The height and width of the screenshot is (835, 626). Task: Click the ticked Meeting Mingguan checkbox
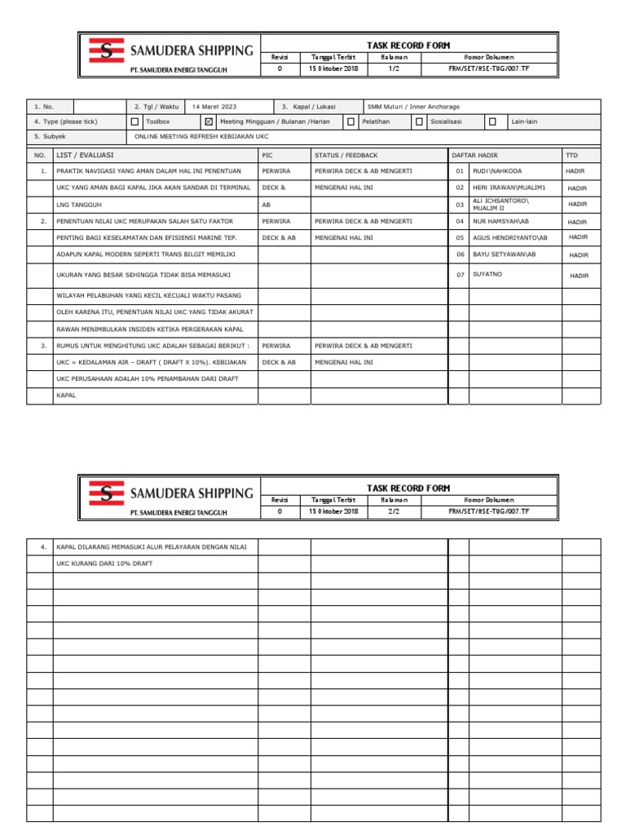tap(209, 121)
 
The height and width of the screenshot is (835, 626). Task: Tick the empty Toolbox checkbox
tap(134, 121)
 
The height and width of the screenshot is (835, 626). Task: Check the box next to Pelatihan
tap(350, 121)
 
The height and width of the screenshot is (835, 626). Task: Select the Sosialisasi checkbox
tap(419, 121)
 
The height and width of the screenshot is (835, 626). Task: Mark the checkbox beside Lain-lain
tap(492, 121)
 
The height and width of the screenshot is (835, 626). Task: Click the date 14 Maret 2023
tap(215, 106)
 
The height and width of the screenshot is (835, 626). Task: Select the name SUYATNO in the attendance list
tap(487, 275)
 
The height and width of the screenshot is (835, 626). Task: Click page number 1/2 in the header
tap(394, 69)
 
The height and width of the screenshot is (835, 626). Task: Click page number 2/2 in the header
tap(394, 511)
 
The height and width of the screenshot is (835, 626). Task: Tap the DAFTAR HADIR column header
tap(474, 154)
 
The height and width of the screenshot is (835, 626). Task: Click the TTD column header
tap(571, 154)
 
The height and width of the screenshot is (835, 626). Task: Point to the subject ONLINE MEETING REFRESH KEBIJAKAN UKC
tap(201, 137)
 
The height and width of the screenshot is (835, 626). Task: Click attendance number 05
tap(460, 237)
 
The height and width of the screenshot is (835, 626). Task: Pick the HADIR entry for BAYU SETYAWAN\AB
tap(579, 254)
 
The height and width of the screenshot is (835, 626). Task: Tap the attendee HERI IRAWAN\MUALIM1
tap(509, 188)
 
